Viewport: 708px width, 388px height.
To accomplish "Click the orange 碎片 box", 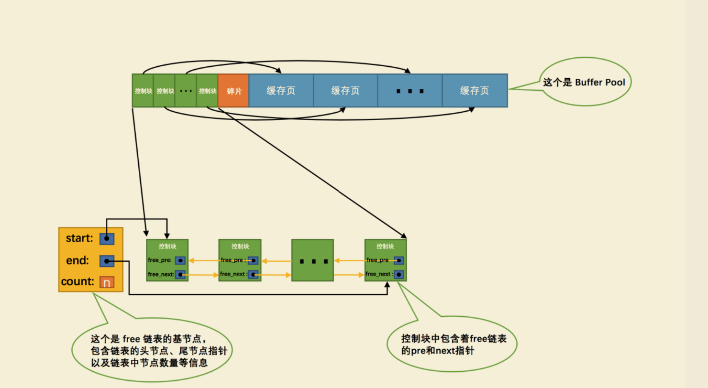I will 233,91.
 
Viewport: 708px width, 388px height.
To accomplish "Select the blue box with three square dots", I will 410,91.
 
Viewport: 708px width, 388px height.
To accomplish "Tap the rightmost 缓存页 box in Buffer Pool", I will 475,91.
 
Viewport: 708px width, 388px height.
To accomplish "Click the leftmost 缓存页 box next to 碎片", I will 281,91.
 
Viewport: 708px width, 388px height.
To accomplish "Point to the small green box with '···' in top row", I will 186,91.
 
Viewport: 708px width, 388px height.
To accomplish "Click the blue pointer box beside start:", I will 107,238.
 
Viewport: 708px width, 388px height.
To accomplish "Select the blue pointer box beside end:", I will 107,261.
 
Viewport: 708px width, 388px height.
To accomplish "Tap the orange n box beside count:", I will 107,282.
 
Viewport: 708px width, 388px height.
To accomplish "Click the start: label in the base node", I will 79,238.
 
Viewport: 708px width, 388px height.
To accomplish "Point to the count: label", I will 78,281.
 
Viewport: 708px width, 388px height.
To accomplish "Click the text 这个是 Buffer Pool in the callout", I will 584,82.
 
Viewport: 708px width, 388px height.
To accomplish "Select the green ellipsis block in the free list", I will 312,260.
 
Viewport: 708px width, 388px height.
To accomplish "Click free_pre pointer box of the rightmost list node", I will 399,260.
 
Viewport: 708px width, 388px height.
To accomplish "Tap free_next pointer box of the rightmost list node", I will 399,274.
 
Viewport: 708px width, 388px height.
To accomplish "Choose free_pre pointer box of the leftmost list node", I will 180,260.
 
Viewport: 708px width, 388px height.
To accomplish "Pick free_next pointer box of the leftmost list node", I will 180,274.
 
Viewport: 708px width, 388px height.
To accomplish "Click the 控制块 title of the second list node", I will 240,247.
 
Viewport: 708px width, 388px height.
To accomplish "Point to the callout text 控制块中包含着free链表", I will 454,338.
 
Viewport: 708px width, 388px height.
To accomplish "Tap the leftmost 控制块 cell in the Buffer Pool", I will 143,91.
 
